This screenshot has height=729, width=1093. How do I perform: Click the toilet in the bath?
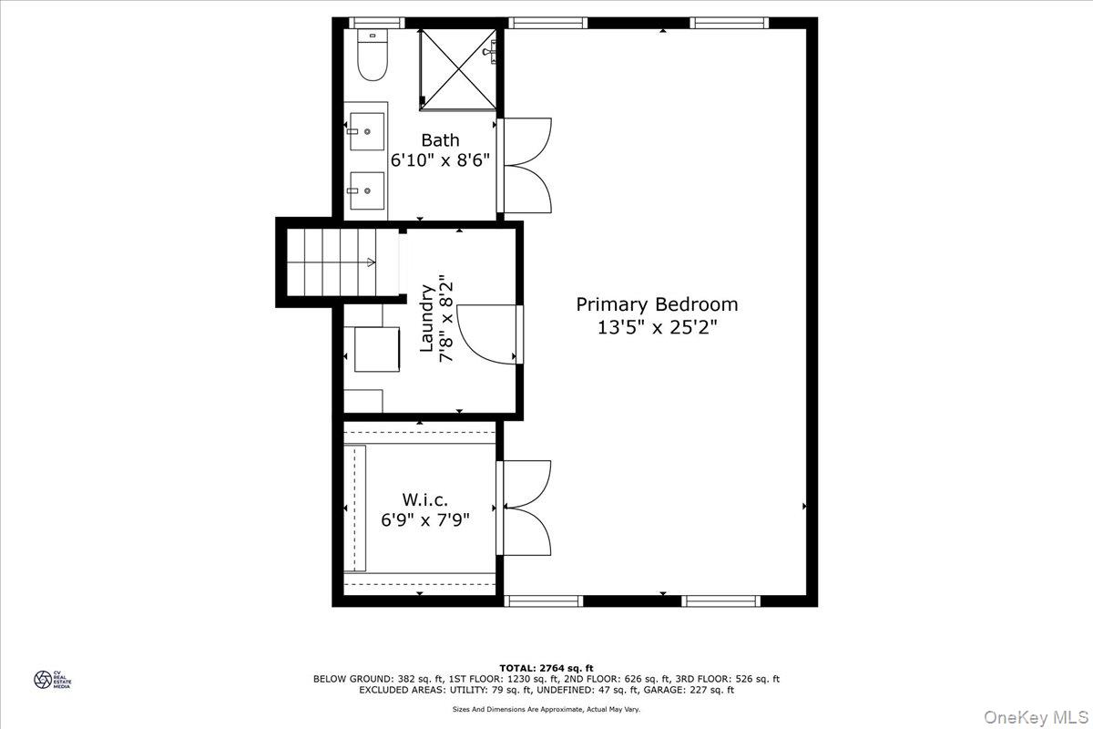pos(371,56)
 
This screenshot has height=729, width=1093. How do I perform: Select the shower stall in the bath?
pos(457,68)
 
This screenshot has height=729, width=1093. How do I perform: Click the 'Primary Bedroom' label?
pos(657,304)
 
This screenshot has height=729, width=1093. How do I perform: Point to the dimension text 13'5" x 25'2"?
pos(657,328)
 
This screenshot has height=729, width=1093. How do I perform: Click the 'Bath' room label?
pos(440,140)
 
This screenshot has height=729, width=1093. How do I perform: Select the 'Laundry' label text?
pos(426,318)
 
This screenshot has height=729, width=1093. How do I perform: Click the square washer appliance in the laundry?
pos(377,348)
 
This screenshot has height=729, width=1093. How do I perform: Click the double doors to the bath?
pos(526,165)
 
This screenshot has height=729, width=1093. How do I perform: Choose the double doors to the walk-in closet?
pos(526,508)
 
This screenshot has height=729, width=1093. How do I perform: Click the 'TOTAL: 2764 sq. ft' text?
pos(546,668)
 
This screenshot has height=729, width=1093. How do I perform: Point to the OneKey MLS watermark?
pos(1037,709)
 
